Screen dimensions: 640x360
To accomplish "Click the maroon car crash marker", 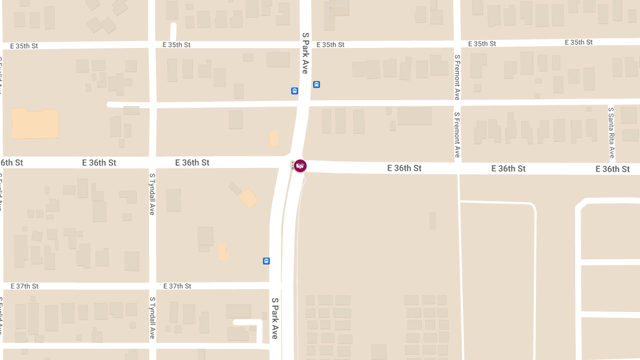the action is click(300, 166).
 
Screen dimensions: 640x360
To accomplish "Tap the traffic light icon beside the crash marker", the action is click(292, 165).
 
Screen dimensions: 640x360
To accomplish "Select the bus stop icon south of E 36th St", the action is click(266, 261).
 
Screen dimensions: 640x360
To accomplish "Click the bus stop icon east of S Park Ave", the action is click(316, 84).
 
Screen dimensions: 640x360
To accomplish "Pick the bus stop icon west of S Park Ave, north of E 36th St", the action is click(294, 91).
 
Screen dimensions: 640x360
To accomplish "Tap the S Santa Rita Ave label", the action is click(611, 132).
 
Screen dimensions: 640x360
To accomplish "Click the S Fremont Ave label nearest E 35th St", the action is click(457, 77).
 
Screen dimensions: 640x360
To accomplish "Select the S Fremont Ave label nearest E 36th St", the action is click(457, 134).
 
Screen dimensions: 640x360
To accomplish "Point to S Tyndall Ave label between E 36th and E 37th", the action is click(152, 193).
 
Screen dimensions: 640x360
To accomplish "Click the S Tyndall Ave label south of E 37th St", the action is click(152, 318).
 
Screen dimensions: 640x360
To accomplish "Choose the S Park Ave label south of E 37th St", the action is click(275, 318).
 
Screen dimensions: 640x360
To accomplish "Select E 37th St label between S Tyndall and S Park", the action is click(177, 286).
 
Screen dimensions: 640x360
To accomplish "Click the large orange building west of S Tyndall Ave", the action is click(35, 124).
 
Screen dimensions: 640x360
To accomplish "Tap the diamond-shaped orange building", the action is click(249, 198).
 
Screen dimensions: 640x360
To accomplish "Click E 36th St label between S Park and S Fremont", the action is click(404, 168).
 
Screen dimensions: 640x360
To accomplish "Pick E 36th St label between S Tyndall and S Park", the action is click(192, 163).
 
